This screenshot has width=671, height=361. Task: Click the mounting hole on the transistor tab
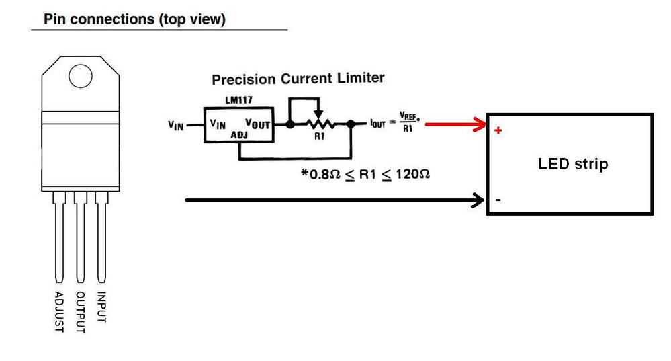(x=80, y=77)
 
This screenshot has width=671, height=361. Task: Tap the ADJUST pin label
(x=59, y=311)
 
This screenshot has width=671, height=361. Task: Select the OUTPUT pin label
(x=81, y=312)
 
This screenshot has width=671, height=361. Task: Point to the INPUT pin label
(x=101, y=307)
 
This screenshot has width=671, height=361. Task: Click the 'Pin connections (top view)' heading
(x=134, y=19)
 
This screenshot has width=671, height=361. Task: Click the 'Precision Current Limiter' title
(x=298, y=79)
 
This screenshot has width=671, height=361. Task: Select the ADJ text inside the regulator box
(x=240, y=135)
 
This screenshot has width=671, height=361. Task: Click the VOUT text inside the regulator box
(x=258, y=124)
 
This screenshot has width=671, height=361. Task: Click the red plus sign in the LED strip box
(x=498, y=130)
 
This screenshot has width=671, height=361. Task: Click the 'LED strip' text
(x=573, y=163)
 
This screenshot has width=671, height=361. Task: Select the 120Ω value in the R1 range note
(x=412, y=174)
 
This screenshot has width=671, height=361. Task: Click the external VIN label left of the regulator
(x=177, y=125)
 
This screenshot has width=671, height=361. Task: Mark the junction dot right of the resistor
(x=351, y=124)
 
